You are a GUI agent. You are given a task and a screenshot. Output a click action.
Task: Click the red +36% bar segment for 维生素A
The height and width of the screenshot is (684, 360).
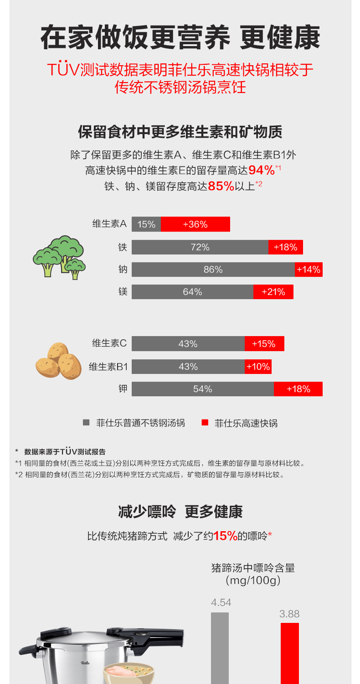[195, 224]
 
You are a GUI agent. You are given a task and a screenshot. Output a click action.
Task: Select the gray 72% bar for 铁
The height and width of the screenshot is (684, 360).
[200, 247]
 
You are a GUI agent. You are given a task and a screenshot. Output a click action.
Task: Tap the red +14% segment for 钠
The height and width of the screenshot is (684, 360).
[309, 269]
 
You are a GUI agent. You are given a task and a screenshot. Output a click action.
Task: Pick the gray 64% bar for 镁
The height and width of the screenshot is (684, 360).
[192, 292]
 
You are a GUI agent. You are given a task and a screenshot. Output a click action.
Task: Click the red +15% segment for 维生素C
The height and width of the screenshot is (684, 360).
[264, 344]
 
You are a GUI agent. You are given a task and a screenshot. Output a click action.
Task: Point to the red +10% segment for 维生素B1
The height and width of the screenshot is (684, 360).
[258, 367]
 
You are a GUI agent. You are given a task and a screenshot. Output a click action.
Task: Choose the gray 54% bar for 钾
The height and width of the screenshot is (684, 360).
[202, 389]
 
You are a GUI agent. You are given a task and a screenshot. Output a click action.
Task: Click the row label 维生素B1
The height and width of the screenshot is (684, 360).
[108, 367]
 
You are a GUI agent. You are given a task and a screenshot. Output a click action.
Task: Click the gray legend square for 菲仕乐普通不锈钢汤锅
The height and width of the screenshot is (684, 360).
[86, 423]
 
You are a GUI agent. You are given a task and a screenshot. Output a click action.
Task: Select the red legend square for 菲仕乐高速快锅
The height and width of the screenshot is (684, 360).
[205, 423]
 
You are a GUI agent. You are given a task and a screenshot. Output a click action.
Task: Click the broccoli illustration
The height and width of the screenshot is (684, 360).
[59, 257]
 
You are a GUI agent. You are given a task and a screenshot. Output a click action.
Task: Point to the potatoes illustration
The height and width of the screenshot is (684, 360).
[58, 361]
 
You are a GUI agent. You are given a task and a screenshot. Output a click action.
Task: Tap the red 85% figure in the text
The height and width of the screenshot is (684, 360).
[221, 186]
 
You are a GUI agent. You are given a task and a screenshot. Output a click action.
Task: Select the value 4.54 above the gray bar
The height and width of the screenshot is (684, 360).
[221, 603]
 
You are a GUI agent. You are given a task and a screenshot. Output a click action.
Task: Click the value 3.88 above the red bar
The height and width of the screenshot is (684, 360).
[289, 614]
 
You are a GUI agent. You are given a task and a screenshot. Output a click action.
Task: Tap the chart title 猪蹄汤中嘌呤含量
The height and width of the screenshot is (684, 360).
[253, 568]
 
